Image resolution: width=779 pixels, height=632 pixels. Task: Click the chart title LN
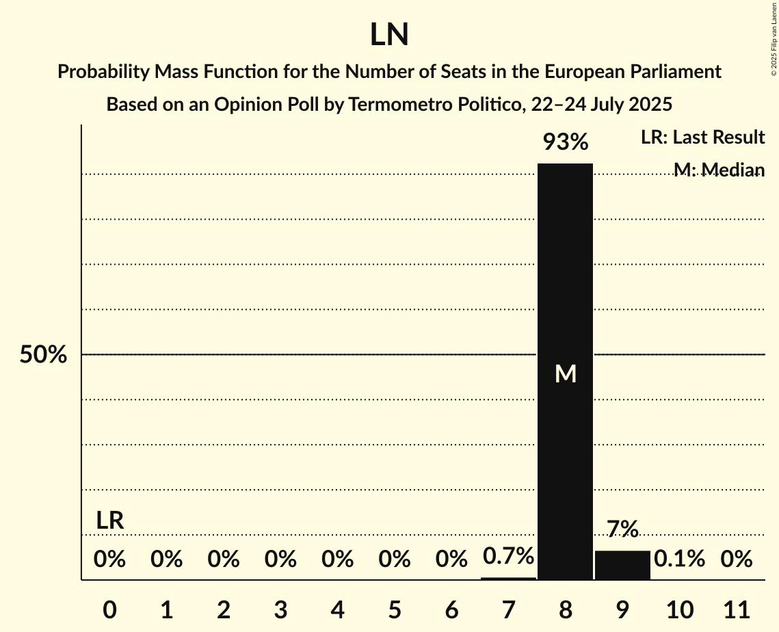tap(389, 34)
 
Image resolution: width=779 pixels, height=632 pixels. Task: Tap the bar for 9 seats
tap(622, 565)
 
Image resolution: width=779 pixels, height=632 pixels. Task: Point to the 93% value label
tap(565, 142)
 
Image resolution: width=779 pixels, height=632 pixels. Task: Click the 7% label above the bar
tap(622, 529)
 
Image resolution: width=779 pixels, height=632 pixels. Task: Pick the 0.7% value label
tap(508, 556)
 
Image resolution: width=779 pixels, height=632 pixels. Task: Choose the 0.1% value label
tap(679, 559)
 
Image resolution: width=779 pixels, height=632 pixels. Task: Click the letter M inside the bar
tap(566, 373)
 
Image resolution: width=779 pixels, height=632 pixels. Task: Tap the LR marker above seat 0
tap(109, 521)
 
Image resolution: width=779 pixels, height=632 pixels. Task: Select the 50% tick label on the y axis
tap(43, 355)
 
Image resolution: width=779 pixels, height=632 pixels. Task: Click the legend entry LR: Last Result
tap(702, 137)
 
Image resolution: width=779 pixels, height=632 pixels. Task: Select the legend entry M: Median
tap(719, 170)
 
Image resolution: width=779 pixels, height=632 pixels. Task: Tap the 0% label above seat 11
tap(737, 559)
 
